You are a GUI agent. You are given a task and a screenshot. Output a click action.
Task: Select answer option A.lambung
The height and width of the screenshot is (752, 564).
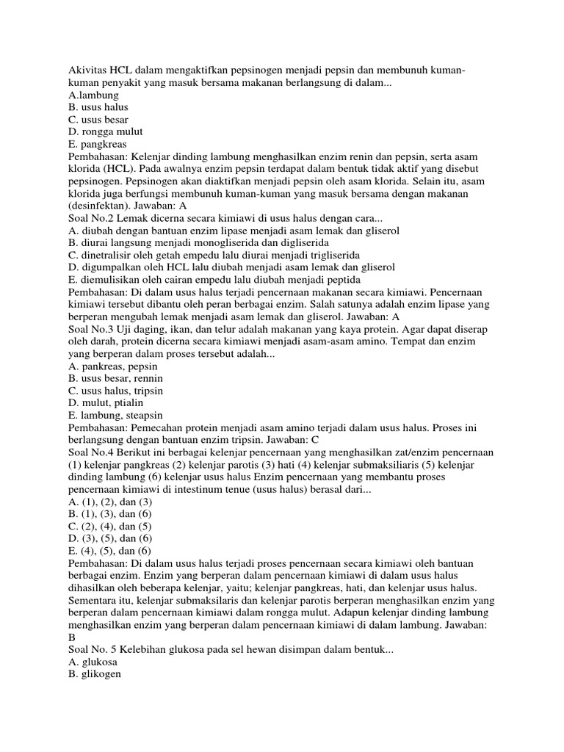93,95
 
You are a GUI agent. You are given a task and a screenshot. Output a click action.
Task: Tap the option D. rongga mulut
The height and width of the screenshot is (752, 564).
105,131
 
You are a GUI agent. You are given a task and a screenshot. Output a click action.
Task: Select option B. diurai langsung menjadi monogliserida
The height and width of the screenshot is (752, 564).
198,242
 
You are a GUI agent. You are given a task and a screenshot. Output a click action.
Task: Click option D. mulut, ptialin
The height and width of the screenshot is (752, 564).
105,402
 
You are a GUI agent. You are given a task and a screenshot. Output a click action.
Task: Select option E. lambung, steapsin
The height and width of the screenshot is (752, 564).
115,415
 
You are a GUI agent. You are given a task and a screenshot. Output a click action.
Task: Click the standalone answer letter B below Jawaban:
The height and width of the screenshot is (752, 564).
71,637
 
